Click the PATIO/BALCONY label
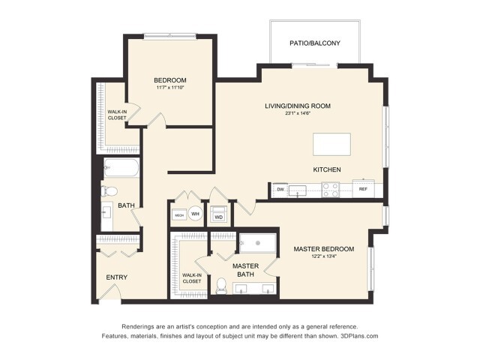click(x=315, y=43)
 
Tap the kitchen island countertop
click(x=331, y=143)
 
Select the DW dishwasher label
click(x=280, y=190)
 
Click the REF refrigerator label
click(x=363, y=190)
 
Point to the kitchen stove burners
click(x=331, y=190)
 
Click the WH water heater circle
click(x=195, y=214)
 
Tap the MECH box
click(x=179, y=215)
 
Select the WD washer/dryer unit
click(x=219, y=217)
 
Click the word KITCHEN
click(x=327, y=169)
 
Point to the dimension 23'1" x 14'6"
click(x=297, y=114)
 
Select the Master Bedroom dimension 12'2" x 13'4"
click(x=324, y=257)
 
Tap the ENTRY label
click(x=116, y=277)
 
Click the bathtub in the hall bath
click(x=121, y=167)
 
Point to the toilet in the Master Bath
click(x=221, y=285)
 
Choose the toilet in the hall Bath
click(x=107, y=190)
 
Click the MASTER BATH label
click(x=245, y=271)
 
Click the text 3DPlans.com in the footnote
click(x=359, y=337)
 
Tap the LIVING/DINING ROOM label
click(x=297, y=106)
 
